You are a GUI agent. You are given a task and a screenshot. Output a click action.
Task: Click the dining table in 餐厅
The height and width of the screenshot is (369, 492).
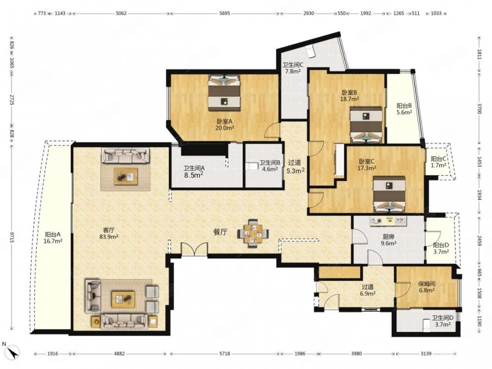tap(253, 233)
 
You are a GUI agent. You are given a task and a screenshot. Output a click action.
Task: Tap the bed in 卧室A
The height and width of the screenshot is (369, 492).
tap(224, 92)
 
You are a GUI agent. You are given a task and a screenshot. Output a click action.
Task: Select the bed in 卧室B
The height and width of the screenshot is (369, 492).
tap(366, 125)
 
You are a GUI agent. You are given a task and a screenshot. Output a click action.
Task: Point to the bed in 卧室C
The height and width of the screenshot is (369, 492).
tap(389, 194)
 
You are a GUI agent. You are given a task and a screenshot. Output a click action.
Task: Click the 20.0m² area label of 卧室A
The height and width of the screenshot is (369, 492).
tap(224, 128)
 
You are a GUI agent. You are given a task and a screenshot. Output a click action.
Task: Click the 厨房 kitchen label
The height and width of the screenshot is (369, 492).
tap(389, 237)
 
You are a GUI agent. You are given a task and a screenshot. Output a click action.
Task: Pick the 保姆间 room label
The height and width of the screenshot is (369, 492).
tap(427, 284)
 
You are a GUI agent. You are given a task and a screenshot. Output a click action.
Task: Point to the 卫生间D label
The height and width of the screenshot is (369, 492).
tap(442, 318)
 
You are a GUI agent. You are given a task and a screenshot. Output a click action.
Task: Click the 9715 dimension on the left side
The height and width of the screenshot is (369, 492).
tap(12, 237)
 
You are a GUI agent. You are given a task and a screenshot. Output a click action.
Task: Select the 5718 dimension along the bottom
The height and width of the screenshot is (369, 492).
tap(225, 354)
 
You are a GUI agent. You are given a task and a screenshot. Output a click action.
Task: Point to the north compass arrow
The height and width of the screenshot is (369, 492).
tap(13, 351)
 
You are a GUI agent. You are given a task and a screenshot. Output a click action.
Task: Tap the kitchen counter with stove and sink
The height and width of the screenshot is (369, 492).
tap(388, 221)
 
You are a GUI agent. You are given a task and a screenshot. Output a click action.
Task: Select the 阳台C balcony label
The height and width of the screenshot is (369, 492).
tap(438, 159)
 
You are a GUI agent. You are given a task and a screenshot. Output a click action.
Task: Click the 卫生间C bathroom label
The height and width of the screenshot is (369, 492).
tap(293, 65)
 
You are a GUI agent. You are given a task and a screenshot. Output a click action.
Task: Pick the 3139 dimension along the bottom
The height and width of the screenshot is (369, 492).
tap(426, 354)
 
